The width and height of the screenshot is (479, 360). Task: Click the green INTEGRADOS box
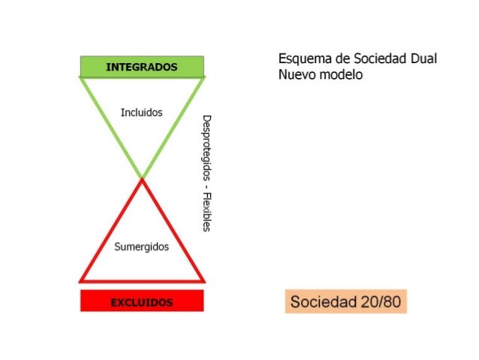tap(142, 66)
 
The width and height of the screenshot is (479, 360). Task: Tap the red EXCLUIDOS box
tap(142, 301)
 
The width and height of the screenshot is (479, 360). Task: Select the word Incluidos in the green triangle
tap(141, 113)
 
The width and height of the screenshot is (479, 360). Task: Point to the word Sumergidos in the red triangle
tap(141, 247)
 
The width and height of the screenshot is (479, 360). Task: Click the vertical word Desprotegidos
tap(206, 147)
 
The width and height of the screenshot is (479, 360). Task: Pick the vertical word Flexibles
tap(206, 211)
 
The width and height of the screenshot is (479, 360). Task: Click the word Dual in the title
tap(423, 59)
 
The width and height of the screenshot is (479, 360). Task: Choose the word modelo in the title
tap(341, 75)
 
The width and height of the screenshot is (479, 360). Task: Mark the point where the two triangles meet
tap(142, 178)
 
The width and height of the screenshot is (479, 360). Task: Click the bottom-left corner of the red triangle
tap(82, 280)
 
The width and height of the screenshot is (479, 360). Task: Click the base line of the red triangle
tap(142, 280)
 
